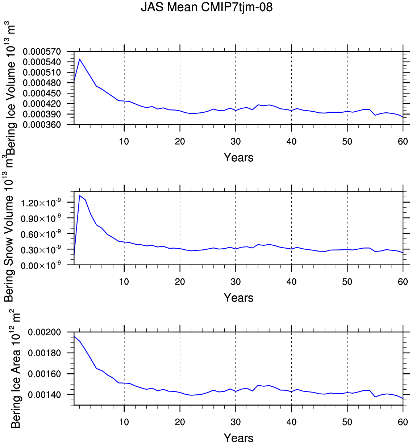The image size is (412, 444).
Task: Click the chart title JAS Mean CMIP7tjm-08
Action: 207,7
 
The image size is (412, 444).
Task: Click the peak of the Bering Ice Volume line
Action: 80,59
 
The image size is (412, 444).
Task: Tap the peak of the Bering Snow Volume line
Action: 80,195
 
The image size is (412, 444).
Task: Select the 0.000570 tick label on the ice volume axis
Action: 42,51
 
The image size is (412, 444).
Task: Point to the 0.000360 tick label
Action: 42,125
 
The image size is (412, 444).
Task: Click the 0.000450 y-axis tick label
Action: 42,94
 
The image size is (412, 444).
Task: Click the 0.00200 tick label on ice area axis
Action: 44,332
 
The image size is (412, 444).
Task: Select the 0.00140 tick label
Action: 44,395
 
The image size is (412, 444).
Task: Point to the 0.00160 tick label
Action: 44,374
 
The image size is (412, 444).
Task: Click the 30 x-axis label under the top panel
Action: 236,141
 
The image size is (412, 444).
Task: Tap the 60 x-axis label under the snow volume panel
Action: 403,282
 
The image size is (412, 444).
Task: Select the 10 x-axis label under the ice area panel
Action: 124,422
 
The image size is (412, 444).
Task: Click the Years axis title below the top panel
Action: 238,157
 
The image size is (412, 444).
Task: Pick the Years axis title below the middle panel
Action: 238,298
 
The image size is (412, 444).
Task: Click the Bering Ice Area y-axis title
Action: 15,373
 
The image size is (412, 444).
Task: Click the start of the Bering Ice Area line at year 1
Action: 74,336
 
